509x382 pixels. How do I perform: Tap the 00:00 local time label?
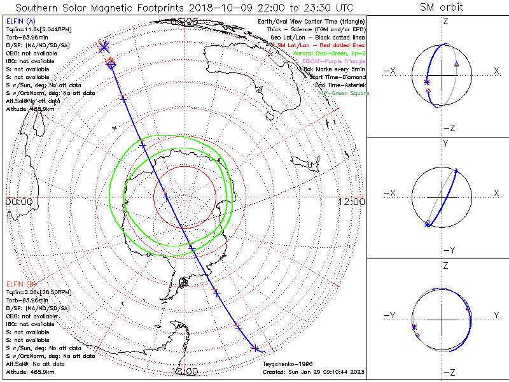[19, 201]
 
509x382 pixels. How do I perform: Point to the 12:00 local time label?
[351, 201]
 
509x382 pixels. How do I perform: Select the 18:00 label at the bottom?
[185, 371]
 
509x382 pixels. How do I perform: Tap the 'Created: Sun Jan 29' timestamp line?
[313, 372]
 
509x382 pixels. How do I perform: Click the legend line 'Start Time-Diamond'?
[337, 77]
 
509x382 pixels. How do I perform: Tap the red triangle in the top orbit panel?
[456, 64]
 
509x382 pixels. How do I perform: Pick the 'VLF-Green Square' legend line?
[343, 93]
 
